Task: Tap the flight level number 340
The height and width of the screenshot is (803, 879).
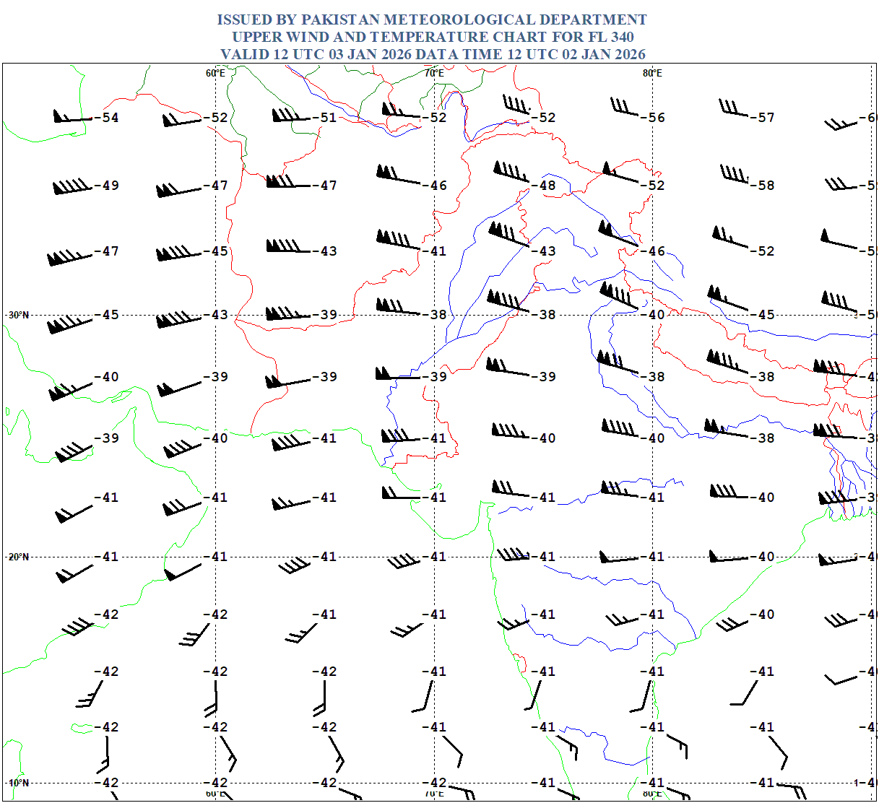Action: (621, 37)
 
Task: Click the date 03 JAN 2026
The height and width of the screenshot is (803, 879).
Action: (370, 54)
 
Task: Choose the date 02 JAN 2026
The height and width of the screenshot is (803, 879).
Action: (603, 54)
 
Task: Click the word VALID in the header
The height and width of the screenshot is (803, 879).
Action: (243, 54)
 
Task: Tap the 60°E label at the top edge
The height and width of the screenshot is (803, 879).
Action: (215, 73)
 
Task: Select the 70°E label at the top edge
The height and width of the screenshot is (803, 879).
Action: (434, 73)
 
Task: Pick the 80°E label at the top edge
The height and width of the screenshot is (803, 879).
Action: (652, 73)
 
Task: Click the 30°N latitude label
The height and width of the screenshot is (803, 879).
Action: (19, 315)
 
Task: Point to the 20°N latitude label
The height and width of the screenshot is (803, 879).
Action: (19, 557)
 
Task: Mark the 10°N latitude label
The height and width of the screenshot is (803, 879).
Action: (19, 783)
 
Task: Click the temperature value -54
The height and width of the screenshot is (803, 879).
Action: (108, 118)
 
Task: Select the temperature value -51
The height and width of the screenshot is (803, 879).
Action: (326, 118)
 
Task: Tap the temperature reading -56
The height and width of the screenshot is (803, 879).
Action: (654, 118)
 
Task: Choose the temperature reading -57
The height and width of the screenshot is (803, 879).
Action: (763, 118)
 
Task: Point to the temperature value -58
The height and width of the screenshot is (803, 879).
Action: (763, 186)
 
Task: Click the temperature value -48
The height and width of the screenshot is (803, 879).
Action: (545, 186)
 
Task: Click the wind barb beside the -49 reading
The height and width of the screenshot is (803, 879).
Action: (72, 188)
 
